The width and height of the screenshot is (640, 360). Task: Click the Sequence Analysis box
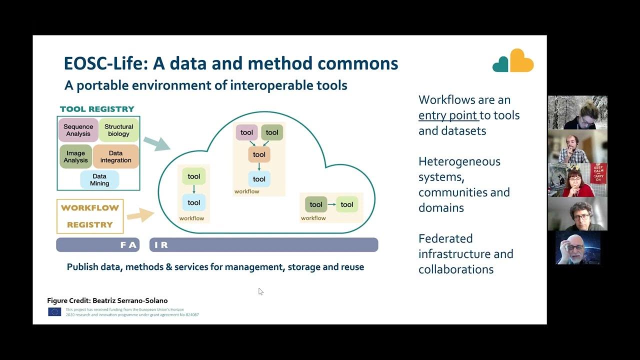click(78, 130)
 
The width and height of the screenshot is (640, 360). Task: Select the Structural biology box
click(119, 130)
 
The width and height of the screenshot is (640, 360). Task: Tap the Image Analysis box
click(75, 156)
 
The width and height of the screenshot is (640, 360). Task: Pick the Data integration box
click(115, 156)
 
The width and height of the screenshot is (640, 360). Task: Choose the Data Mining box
click(99, 179)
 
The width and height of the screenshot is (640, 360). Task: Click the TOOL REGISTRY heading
click(97, 109)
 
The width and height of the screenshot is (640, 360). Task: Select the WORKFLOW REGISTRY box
click(90, 216)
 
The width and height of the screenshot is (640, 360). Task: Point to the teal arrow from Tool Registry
click(157, 143)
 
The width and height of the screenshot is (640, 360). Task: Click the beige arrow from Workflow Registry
click(140, 215)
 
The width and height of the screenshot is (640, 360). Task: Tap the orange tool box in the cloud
click(259, 154)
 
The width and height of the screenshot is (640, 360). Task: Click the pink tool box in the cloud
click(246, 132)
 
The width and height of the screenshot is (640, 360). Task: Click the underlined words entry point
click(448, 115)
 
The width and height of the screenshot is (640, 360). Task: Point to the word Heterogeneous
click(459, 161)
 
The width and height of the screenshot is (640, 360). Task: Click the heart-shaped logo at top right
click(513, 61)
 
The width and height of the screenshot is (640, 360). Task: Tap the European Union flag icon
click(54, 312)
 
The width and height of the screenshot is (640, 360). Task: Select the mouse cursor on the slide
click(260, 291)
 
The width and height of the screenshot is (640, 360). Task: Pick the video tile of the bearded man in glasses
click(577, 247)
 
